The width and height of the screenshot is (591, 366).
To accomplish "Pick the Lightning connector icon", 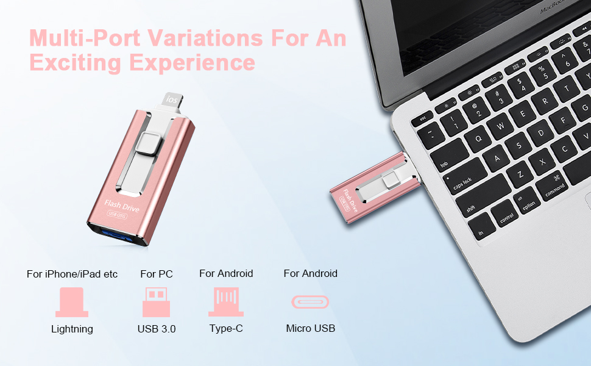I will [72, 303].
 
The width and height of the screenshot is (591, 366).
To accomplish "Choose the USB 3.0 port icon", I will [156, 302].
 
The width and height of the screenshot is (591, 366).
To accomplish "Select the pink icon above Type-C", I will [226, 302].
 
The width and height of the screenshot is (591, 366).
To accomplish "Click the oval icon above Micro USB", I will [310, 302].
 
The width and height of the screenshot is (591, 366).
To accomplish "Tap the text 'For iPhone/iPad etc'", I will [72, 274].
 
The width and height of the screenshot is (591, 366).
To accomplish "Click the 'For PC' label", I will [157, 274].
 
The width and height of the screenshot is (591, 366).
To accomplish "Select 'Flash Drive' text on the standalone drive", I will [122, 206].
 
